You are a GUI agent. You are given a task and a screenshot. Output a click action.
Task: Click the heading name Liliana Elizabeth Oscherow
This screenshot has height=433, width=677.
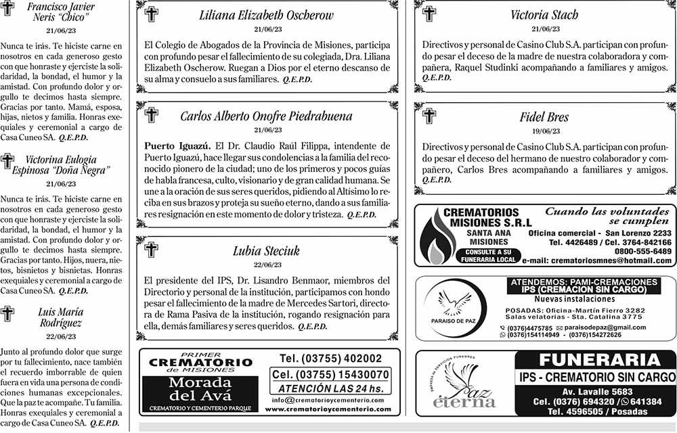266,16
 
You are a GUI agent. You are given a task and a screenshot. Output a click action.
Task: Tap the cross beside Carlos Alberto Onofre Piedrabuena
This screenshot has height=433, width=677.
152,115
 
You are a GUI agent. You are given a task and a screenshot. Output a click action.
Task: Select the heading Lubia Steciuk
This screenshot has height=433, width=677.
266,250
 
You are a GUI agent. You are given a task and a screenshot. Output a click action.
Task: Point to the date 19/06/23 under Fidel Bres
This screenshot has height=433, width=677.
545,131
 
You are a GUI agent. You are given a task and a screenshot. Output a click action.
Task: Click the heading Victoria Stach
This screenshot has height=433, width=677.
545,15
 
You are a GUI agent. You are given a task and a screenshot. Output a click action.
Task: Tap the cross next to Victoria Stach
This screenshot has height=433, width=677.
429,14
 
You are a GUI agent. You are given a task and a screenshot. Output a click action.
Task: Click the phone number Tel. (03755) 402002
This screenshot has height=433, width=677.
331,358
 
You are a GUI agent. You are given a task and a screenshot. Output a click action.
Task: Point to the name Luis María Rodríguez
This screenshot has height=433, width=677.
61,318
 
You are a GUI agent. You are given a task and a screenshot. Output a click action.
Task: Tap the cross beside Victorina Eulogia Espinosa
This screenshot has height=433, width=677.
7,161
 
